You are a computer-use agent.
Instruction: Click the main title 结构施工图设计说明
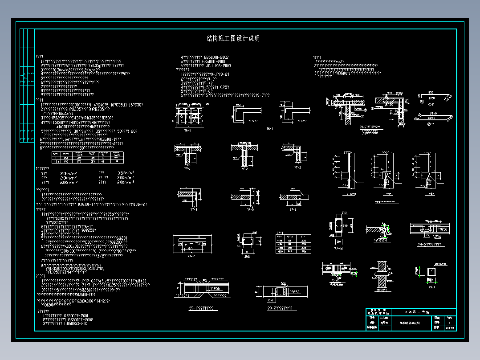tap(233, 39)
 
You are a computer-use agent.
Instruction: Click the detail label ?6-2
tap(187, 130)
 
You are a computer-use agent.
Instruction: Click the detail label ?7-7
tap(192, 256)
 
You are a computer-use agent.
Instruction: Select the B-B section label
tap(247, 256)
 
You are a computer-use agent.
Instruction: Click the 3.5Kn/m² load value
tap(126, 173)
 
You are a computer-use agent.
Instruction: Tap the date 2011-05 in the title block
tap(449, 327)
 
